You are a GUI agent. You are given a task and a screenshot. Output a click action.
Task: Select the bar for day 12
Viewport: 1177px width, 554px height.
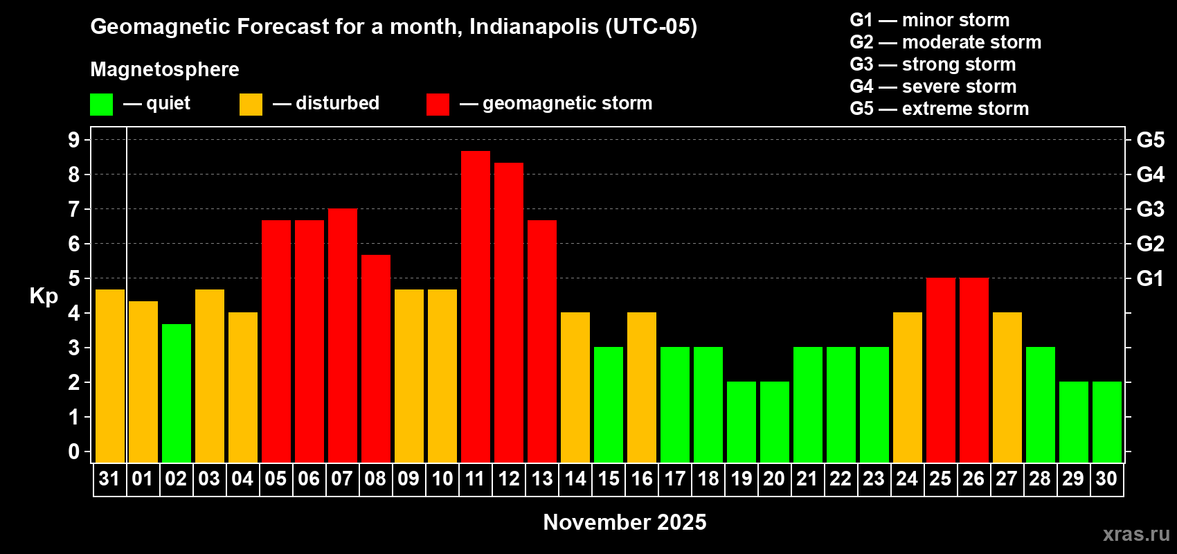[x=509, y=312]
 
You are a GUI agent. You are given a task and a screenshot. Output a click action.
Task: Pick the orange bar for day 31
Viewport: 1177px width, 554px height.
[x=110, y=375]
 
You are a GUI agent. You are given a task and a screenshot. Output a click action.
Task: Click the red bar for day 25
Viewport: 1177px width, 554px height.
[x=941, y=370]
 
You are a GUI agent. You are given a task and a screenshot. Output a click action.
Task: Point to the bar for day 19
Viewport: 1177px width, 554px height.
[x=742, y=422]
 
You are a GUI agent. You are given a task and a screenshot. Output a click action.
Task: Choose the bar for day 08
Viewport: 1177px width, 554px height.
[x=376, y=358]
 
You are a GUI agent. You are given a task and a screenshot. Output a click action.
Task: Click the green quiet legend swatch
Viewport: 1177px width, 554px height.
[x=102, y=105]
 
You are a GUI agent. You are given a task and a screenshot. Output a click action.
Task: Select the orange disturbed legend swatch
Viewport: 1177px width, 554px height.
[x=251, y=105]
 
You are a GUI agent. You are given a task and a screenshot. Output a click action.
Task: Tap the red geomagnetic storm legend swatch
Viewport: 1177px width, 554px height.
[x=438, y=105]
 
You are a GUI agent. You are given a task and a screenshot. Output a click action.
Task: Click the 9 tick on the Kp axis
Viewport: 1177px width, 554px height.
[x=74, y=140]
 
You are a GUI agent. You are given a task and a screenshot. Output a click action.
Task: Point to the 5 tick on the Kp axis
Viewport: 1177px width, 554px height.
[x=74, y=278]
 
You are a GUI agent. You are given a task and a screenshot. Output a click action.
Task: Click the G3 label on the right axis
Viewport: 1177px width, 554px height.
[x=1150, y=209]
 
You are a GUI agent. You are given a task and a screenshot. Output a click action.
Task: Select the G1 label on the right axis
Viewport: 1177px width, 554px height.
[x=1150, y=278]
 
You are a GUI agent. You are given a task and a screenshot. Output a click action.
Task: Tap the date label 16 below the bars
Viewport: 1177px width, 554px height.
[x=642, y=479]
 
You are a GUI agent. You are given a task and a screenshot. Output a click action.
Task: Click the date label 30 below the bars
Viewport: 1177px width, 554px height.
[x=1106, y=479]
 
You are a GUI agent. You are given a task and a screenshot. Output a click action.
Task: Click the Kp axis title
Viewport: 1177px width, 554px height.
[x=44, y=296]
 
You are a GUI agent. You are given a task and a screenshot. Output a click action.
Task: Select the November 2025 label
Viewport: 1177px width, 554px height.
[x=625, y=522]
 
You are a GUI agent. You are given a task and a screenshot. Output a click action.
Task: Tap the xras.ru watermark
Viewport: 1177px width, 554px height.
[x=1136, y=533]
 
